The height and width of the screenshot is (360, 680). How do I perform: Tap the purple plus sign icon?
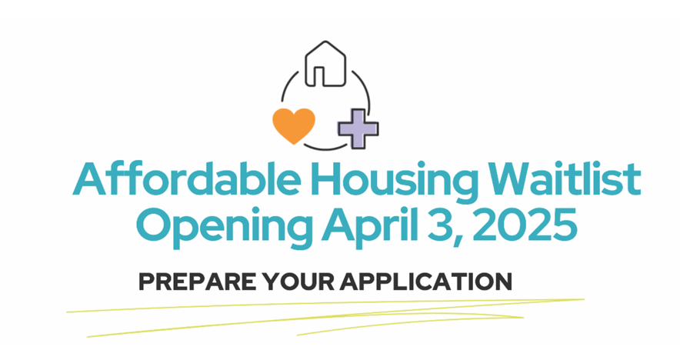(358, 128)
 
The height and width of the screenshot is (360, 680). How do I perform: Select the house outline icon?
(327, 65)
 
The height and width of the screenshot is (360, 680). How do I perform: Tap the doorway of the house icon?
(327, 75)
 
